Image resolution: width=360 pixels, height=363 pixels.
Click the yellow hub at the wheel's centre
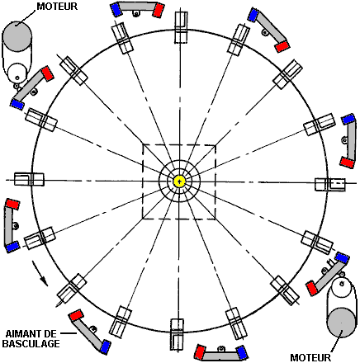179,181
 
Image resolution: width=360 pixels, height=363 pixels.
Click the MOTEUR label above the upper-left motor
57,7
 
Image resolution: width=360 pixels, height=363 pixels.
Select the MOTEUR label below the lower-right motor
310,357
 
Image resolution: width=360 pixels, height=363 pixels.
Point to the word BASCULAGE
31,344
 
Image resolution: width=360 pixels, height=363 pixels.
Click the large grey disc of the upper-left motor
17,36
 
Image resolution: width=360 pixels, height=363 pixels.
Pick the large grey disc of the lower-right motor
341,323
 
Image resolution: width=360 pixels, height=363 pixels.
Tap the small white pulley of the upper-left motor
17,73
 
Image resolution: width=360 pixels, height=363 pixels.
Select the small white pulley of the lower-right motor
342,287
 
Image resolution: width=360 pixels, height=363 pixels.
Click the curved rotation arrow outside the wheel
40,274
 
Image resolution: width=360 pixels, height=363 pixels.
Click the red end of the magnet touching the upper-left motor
47,73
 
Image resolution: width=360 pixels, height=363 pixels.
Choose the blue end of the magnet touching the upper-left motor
17,104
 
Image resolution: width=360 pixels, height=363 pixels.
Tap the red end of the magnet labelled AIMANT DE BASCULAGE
76,315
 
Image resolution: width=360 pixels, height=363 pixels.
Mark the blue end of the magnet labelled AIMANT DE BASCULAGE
105,346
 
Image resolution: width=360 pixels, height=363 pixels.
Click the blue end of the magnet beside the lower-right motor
342,257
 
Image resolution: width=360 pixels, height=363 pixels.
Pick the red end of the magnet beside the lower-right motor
312,288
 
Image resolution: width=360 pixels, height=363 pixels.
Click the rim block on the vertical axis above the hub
181,27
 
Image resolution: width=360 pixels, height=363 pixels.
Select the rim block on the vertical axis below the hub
177,334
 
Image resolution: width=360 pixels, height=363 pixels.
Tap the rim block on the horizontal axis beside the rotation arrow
29,179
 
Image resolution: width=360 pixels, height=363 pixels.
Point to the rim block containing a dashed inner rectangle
330,185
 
